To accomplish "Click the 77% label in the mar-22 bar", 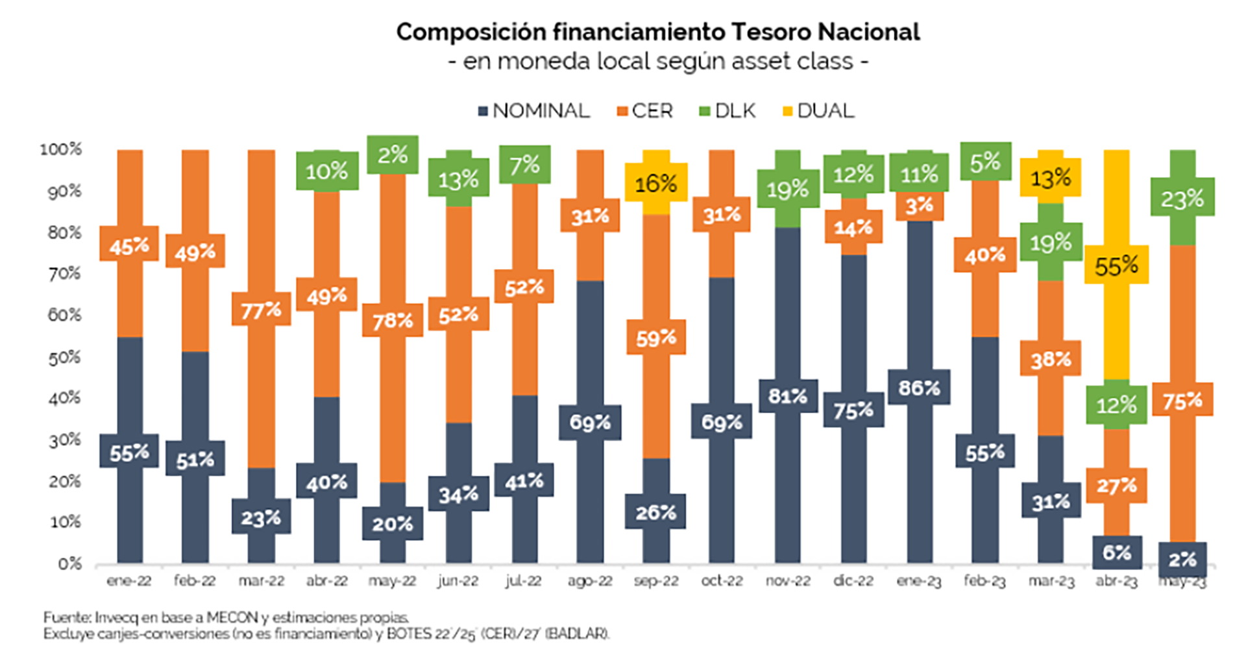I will click(261, 311).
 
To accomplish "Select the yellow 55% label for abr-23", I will click(1116, 265).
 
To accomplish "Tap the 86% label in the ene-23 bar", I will click(919, 388).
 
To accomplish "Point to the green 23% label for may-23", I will click(1182, 198).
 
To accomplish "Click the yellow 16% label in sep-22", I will click(655, 183).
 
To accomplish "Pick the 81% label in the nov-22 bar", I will click(787, 396).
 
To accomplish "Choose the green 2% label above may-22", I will click(393, 155).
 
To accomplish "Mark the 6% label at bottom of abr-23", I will click(1116, 552).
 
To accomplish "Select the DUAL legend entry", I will click(819, 111).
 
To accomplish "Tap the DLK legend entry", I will click(727, 111).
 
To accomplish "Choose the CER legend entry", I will click(645, 111).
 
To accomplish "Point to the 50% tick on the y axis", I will click(64, 357).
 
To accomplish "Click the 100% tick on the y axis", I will click(60, 149).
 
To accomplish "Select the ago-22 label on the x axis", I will click(589, 581).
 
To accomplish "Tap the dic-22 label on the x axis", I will click(853, 581).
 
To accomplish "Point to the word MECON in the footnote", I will click(232, 617).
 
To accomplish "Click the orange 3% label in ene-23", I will click(919, 206).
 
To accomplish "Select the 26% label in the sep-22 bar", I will click(655, 512).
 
